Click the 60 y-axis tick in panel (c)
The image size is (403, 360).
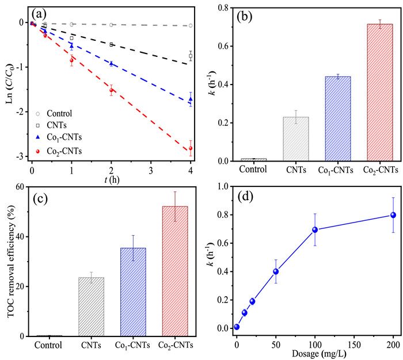pyautogui.click(x=21, y=187)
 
